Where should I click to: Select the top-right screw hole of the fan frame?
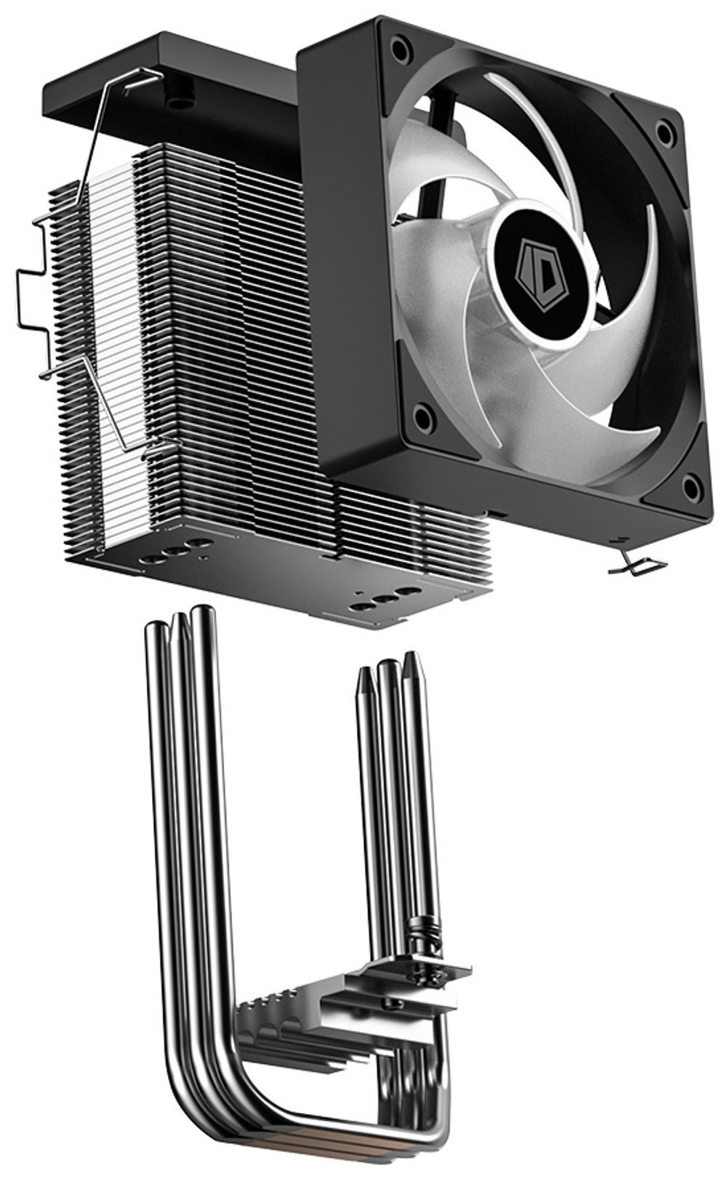tap(664, 133)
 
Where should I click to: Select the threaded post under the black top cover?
tap(175, 102)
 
